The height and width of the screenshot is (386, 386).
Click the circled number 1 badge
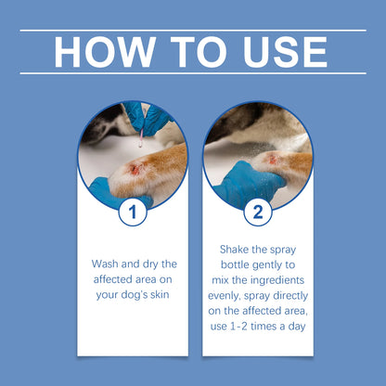click(133, 212)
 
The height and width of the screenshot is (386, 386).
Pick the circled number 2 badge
click(253, 212)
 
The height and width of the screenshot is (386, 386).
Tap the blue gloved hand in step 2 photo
click(243, 181)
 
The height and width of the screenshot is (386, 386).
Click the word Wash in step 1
click(106, 263)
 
